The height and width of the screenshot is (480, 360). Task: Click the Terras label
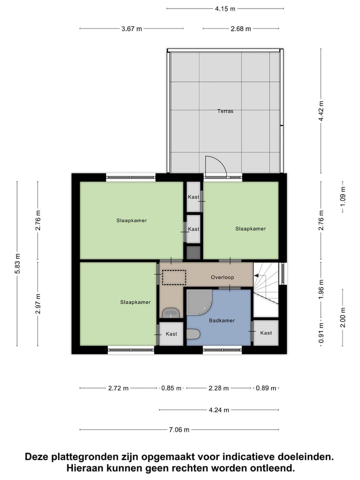click(x=225, y=111)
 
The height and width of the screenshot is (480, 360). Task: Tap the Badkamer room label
click(x=222, y=320)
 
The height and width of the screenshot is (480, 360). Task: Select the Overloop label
click(x=222, y=277)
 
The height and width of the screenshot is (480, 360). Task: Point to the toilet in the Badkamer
click(x=193, y=333)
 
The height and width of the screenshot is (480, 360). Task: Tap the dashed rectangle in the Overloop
click(x=174, y=277)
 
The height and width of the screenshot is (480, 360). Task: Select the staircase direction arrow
click(x=259, y=275)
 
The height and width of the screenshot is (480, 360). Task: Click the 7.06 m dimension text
click(x=178, y=429)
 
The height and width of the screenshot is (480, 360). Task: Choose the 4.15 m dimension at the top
click(x=225, y=8)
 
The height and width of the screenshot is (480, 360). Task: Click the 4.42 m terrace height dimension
click(x=321, y=111)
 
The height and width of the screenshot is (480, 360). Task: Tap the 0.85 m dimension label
click(x=171, y=388)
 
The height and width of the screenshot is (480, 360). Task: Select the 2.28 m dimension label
click(x=218, y=388)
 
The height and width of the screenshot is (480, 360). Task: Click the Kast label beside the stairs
click(x=266, y=333)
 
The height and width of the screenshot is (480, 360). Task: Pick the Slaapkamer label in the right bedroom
click(x=250, y=228)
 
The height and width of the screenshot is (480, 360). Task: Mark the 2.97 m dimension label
click(x=38, y=303)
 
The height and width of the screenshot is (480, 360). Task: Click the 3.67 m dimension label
click(x=132, y=28)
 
